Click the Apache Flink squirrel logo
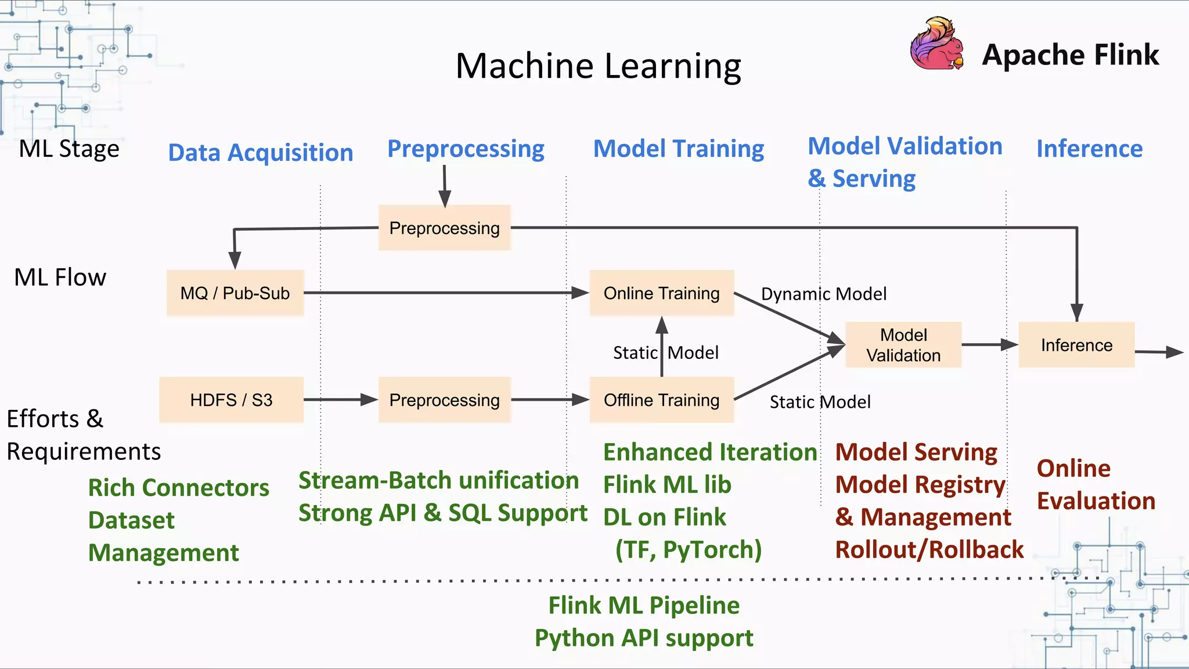936,44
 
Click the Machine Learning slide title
598,66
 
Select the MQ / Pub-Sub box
235,293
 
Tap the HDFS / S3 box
231,400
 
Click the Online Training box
661,293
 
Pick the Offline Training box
661,400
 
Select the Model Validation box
903,345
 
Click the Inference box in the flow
1076,345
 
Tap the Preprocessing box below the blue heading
444,228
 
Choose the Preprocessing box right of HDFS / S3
444,400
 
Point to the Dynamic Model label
823,294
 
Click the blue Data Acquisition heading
261,153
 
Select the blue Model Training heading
678,149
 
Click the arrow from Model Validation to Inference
989,345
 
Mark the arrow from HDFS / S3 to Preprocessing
340,400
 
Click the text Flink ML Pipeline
644,605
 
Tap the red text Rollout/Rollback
929,549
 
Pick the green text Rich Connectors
178,488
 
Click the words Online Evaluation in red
1096,484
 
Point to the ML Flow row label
60,278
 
